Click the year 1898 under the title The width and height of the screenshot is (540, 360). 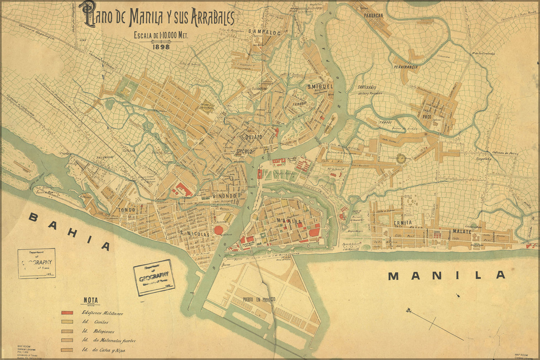[x=161, y=46]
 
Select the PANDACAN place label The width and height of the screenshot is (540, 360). [x=373, y=15]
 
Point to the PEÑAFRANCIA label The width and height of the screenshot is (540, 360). [x=406, y=67]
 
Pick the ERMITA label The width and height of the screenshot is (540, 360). [x=402, y=222]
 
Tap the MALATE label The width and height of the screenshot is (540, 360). [x=461, y=231]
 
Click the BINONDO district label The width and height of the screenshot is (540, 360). [x=224, y=195]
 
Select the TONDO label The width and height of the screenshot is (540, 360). [x=126, y=210]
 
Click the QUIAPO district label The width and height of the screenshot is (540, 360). [x=254, y=137]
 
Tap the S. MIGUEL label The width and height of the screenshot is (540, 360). [x=319, y=87]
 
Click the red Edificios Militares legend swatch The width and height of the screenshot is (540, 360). [x=67, y=313]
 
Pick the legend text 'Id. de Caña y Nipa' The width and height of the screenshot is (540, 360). [x=104, y=350]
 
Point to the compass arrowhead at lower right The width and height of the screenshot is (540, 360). [x=408, y=310]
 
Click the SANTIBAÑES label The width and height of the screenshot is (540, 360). [x=367, y=87]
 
